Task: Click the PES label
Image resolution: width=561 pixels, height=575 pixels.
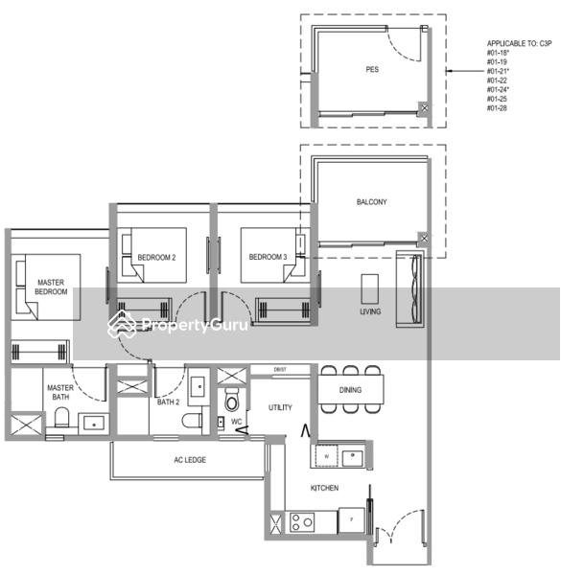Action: [372, 70]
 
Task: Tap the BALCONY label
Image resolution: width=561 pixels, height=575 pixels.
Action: [371, 202]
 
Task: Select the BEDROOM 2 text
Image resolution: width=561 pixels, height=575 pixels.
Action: [157, 258]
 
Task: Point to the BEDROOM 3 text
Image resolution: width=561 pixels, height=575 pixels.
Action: [268, 258]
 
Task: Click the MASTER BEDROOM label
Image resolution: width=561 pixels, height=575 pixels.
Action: [51, 287]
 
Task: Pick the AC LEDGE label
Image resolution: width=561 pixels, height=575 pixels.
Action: [189, 460]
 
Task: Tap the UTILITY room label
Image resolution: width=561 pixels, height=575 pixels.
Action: [280, 407]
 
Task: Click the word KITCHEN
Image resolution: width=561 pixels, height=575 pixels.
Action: [323, 488]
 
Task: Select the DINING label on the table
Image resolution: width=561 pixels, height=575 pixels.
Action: [351, 390]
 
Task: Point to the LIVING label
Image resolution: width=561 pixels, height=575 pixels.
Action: [370, 312]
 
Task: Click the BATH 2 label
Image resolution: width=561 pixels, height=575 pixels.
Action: [169, 402]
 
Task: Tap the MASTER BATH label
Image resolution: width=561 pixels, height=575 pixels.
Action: [59, 392]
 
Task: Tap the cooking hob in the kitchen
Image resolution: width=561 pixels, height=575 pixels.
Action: [303, 522]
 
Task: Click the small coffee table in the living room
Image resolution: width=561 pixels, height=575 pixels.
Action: [370, 287]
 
